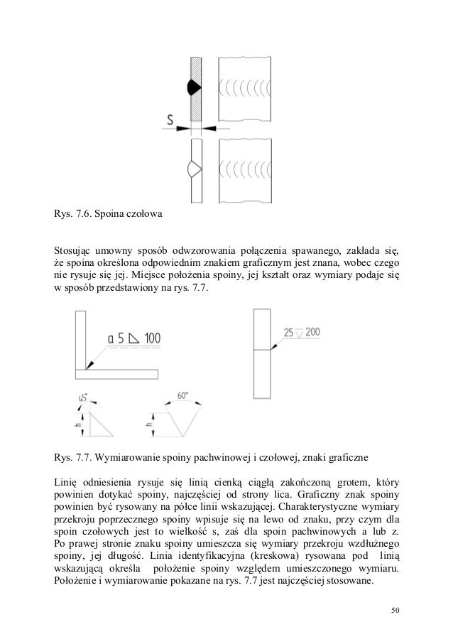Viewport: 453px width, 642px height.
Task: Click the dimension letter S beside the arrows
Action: [163, 122]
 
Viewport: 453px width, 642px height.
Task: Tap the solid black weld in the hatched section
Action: [194, 87]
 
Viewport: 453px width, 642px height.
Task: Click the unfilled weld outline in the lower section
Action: [194, 168]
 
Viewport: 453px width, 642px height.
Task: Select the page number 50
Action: [395, 611]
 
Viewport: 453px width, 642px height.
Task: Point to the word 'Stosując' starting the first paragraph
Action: [75, 250]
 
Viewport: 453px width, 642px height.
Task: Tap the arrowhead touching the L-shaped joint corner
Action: [88, 366]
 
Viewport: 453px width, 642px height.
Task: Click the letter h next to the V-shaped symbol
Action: [146, 425]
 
